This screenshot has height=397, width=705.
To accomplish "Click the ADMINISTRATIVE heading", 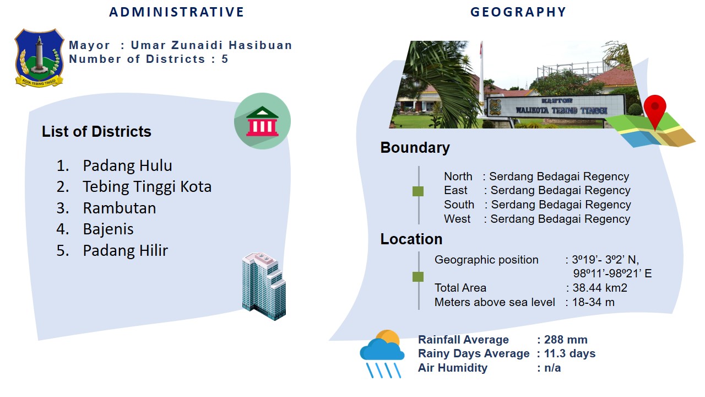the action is pyautogui.click(x=177, y=12).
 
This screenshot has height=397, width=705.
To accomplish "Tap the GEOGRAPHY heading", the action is pyautogui.click(x=518, y=12).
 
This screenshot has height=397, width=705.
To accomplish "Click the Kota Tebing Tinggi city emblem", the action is pyautogui.click(x=39, y=58).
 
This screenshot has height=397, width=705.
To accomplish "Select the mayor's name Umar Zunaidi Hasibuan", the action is pyautogui.click(x=211, y=45).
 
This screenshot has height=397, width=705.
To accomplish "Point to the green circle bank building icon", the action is pyautogui.click(x=262, y=121).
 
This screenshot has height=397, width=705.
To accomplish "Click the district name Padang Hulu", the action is pyautogui.click(x=127, y=165).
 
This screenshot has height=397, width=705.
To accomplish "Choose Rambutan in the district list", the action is pyautogui.click(x=120, y=208).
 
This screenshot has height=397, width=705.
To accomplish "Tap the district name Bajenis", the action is pyautogui.click(x=109, y=229).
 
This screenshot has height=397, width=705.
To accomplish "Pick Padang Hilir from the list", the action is pyautogui.click(x=125, y=250).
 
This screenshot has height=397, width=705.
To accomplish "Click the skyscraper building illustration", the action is pyautogui.click(x=264, y=286).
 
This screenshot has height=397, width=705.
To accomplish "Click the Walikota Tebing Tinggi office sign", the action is pyautogui.click(x=556, y=106).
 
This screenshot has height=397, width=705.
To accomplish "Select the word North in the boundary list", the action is pyautogui.click(x=458, y=176).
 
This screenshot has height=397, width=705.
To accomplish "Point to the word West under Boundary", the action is pyautogui.click(x=457, y=219).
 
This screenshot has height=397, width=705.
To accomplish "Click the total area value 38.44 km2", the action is pyautogui.click(x=600, y=288).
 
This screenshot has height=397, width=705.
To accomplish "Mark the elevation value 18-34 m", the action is pyautogui.click(x=593, y=302).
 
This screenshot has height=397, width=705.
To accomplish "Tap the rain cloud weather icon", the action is pyautogui.click(x=382, y=353).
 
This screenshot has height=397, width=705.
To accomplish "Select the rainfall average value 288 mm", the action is pyautogui.click(x=566, y=340).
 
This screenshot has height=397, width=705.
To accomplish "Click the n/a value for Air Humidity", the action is pyautogui.click(x=552, y=368).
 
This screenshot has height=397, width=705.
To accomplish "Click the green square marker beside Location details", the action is pyautogui.click(x=418, y=277).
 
